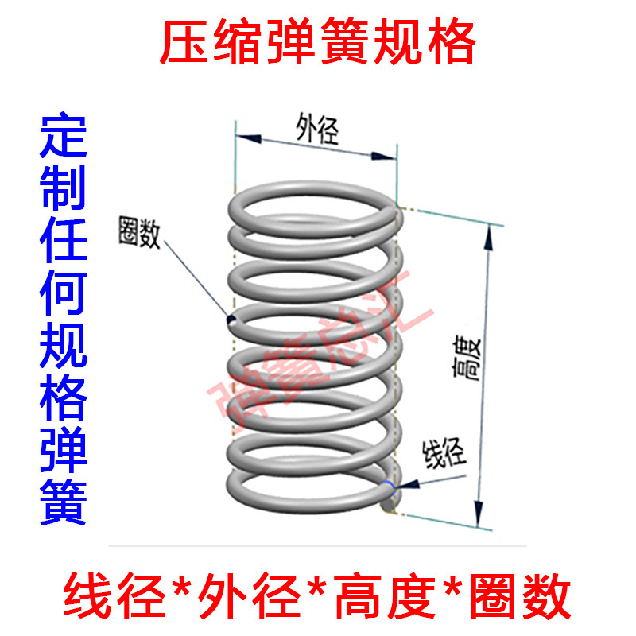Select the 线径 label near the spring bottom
click(441, 454)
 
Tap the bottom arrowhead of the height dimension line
click(478, 521)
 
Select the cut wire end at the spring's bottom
click(388, 500)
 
